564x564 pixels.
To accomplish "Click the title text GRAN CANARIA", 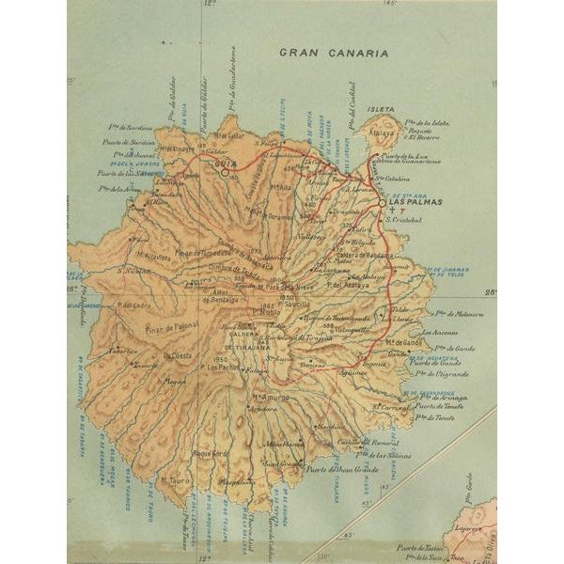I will pyautogui.click(x=333, y=53).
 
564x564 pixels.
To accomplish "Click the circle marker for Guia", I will pyautogui.click(x=224, y=172).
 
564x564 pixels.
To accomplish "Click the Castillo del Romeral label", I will pyautogui.click(x=369, y=442).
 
